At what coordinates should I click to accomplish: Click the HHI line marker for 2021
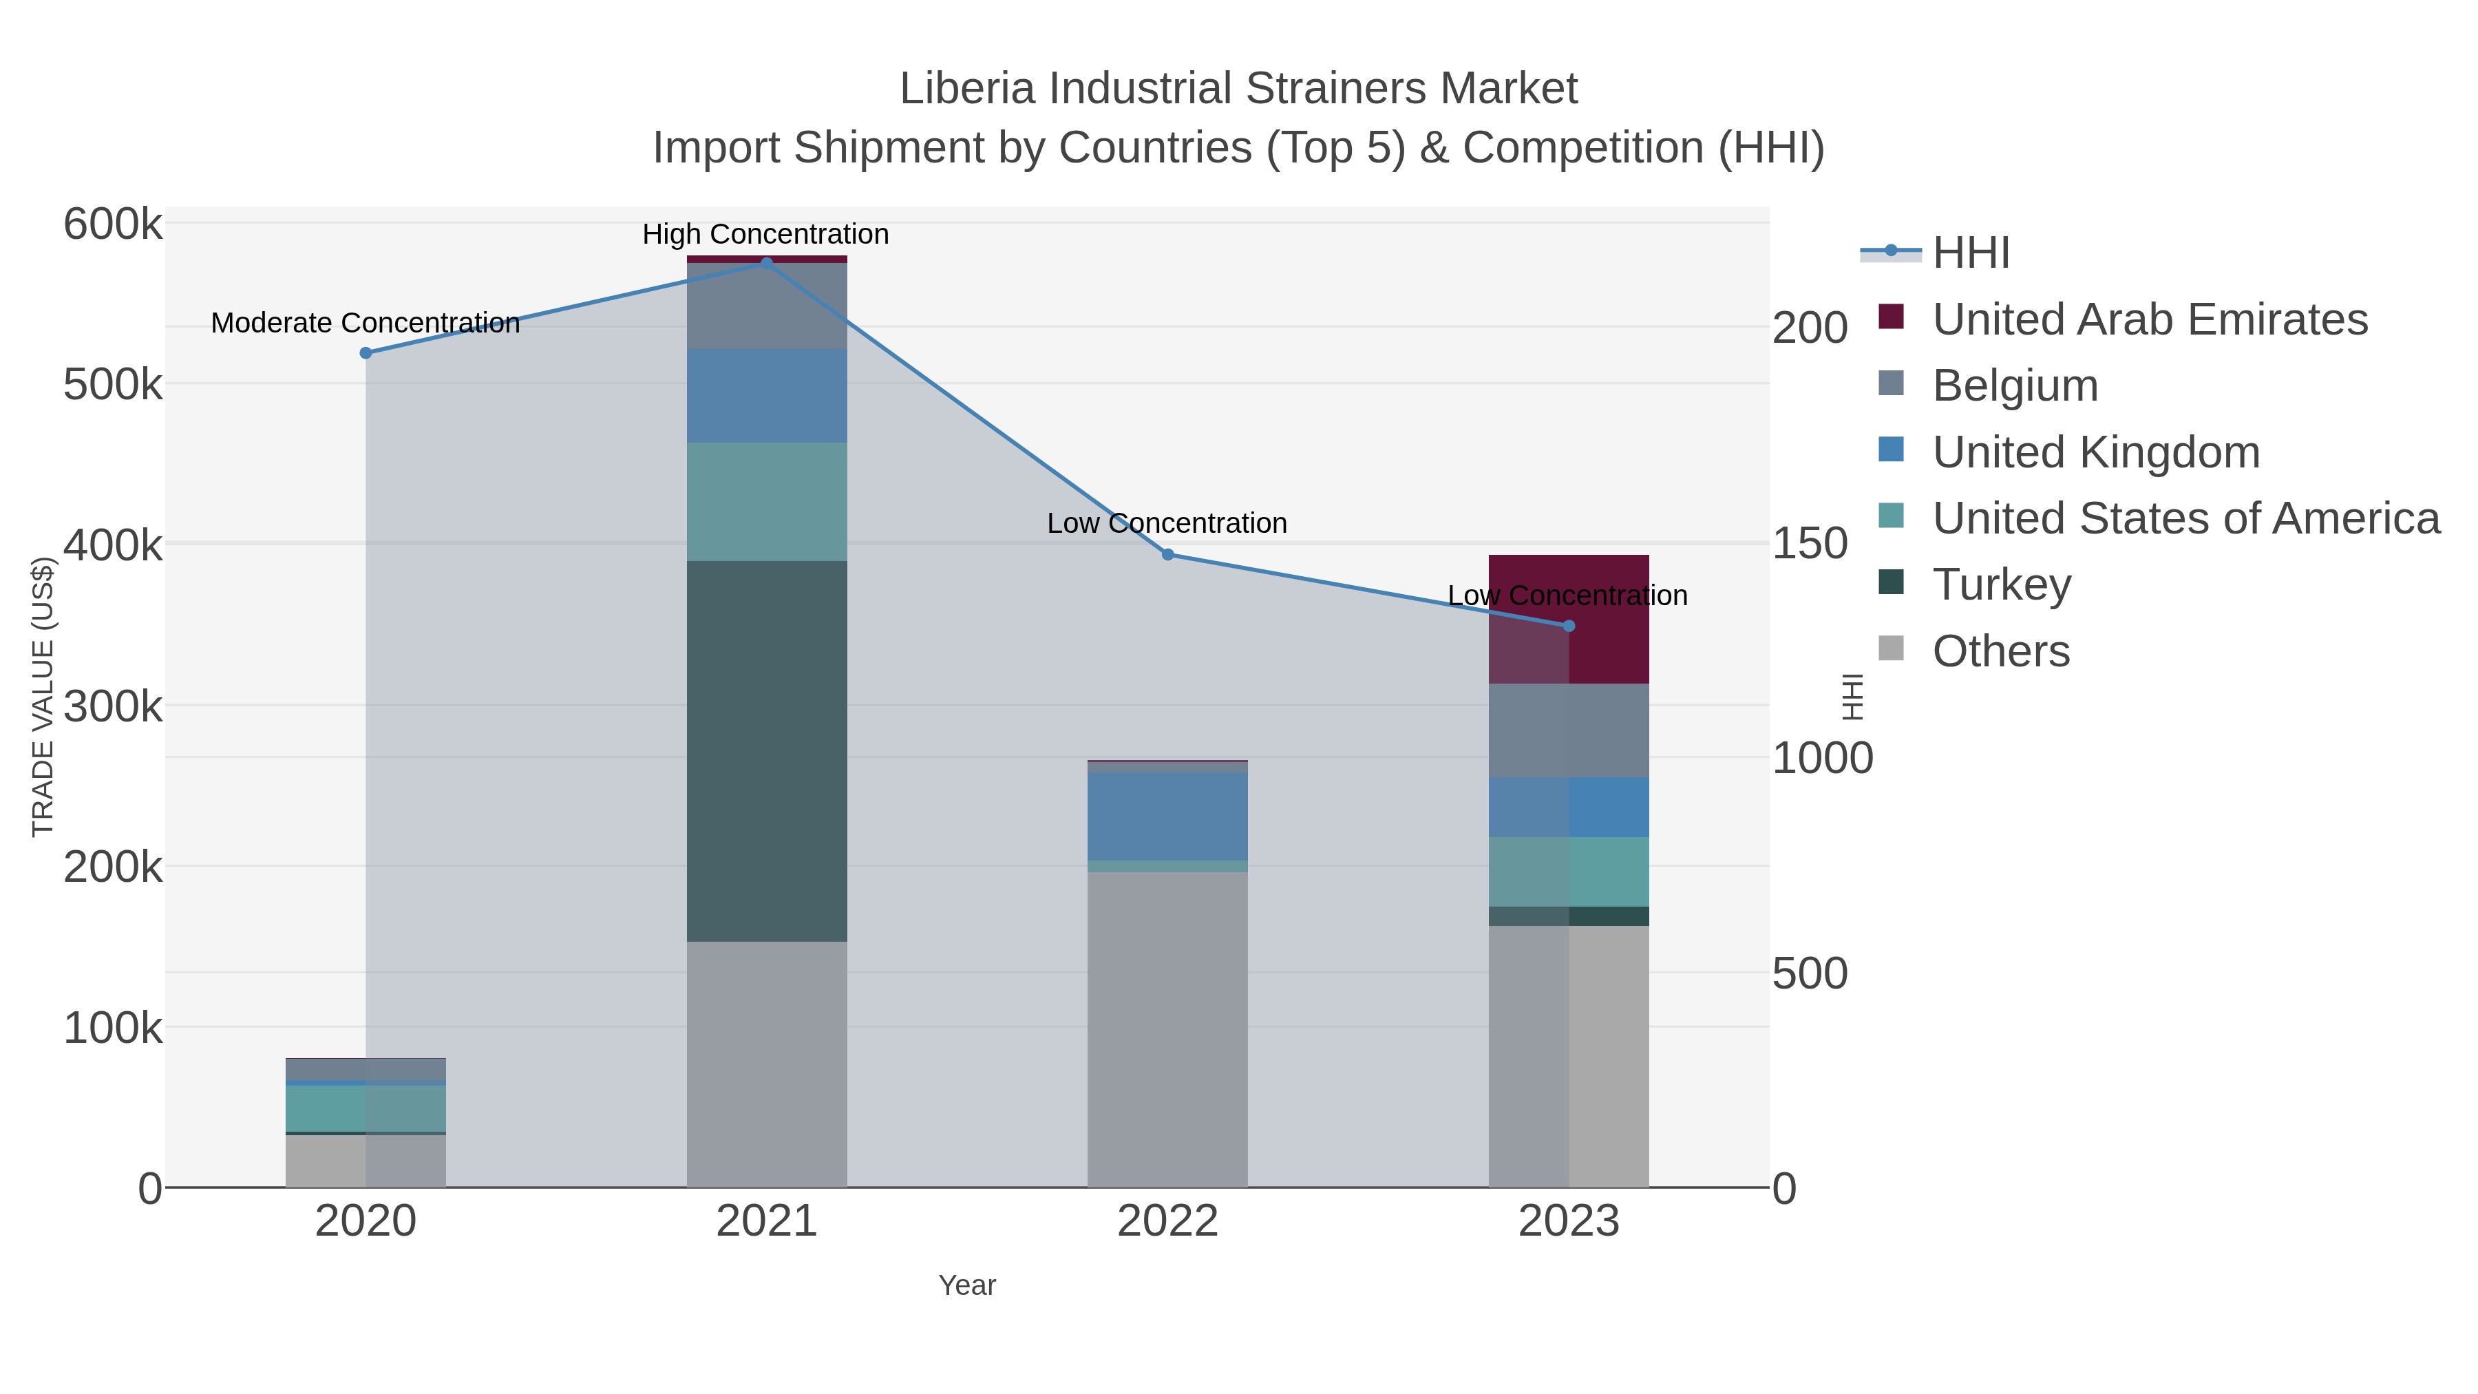pyautogui.click(x=767, y=263)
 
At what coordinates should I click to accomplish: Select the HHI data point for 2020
pyautogui.click(x=366, y=353)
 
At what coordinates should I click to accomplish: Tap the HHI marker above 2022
pyautogui.click(x=1168, y=554)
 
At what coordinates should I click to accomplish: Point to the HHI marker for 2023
pyautogui.click(x=1569, y=626)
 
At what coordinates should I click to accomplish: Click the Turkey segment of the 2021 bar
pyautogui.click(x=767, y=750)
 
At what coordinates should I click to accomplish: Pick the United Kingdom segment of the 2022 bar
pyautogui.click(x=1168, y=816)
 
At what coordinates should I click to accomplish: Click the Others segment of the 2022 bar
pyautogui.click(x=1168, y=1029)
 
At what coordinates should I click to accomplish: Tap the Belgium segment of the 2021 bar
pyautogui.click(x=767, y=306)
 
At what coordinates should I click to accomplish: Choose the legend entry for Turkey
pyautogui.click(x=2001, y=585)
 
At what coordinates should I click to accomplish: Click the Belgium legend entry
pyautogui.click(x=2014, y=386)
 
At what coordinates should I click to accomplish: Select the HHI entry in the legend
pyautogui.click(x=1970, y=253)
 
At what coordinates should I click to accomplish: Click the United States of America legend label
pyautogui.click(x=2185, y=518)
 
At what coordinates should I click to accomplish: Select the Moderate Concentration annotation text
pyautogui.click(x=366, y=324)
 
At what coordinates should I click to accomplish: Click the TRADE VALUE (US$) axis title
pyautogui.click(x=43, y=697)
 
